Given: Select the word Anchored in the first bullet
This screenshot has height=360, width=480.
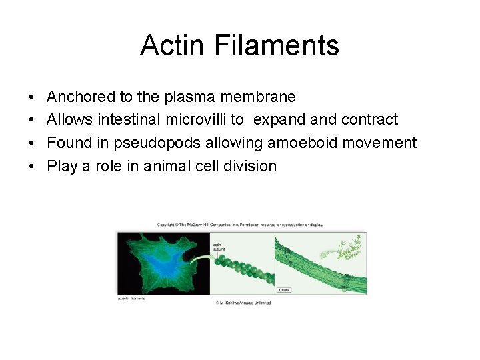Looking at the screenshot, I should click(x=81, y=97).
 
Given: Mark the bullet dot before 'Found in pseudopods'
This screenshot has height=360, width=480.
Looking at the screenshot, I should click(x=33, y=143).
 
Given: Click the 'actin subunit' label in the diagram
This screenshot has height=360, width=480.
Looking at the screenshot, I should click(x=218, y=247).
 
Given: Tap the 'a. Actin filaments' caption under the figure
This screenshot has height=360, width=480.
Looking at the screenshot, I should click(x=131, y=298).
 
